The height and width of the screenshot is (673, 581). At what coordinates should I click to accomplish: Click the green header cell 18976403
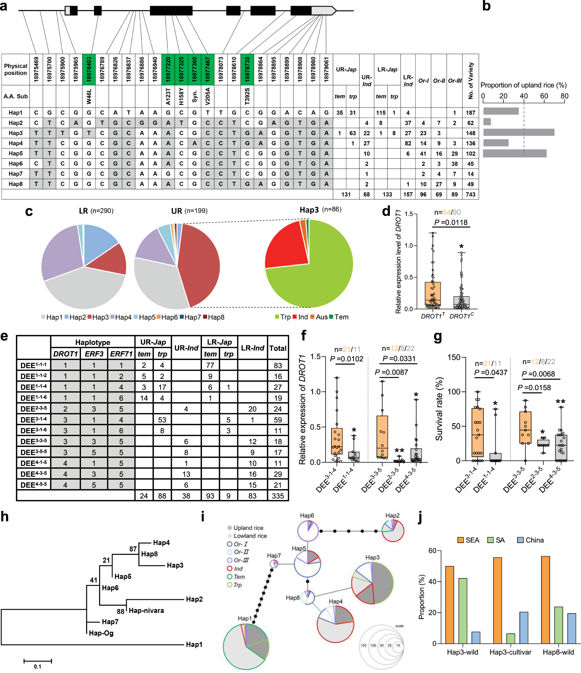[89, 69]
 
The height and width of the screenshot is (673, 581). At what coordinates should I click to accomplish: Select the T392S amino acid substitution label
[247, 96]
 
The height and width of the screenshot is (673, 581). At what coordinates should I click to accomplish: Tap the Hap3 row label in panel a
[15, 133]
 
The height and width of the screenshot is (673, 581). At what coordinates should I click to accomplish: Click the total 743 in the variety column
[470, 194]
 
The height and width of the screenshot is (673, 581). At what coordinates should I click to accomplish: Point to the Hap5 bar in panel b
[514, 153]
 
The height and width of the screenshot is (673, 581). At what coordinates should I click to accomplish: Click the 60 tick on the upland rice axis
[544, 96]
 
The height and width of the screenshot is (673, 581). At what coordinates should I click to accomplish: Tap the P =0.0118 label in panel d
[451, 222]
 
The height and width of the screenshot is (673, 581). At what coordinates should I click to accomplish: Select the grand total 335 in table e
[278, 496]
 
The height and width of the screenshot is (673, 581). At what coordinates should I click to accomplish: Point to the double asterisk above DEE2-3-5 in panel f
[399, 451]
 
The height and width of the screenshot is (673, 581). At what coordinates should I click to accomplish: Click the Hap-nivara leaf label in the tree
[146, 610]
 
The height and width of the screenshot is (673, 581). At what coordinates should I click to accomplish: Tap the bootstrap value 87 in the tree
[133, 549]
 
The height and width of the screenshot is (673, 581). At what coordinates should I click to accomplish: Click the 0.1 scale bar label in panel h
[37, 667]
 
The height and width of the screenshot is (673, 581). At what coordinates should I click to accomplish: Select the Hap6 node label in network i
[307, 515]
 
